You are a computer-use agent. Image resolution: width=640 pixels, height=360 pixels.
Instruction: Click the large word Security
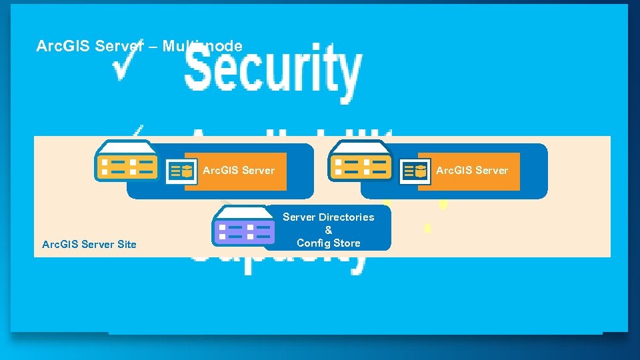[273, 70]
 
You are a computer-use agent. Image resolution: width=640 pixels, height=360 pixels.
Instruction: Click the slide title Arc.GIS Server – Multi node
[139, 46]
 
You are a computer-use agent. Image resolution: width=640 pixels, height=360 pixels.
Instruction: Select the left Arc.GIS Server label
[239, 171]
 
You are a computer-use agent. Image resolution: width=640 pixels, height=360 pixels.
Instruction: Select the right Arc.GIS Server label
[472, 171]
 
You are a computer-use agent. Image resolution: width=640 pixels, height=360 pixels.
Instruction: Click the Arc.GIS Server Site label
[89, 245]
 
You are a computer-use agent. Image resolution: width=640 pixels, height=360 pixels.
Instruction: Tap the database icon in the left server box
[182, 171]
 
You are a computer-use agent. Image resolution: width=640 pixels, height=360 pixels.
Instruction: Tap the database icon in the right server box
[415, 171]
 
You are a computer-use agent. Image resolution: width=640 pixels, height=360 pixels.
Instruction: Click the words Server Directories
[329, 217]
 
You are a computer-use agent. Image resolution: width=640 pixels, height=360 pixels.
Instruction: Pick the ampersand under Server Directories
[329, 230]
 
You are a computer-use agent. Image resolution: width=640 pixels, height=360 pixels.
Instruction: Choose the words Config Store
[329, 243]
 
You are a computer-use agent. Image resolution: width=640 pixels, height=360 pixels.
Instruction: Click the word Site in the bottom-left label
[127, 245]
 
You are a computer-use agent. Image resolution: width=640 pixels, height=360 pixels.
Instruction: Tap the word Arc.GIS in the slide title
[63, 46]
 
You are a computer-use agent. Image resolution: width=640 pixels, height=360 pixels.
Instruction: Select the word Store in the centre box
[347, 243]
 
